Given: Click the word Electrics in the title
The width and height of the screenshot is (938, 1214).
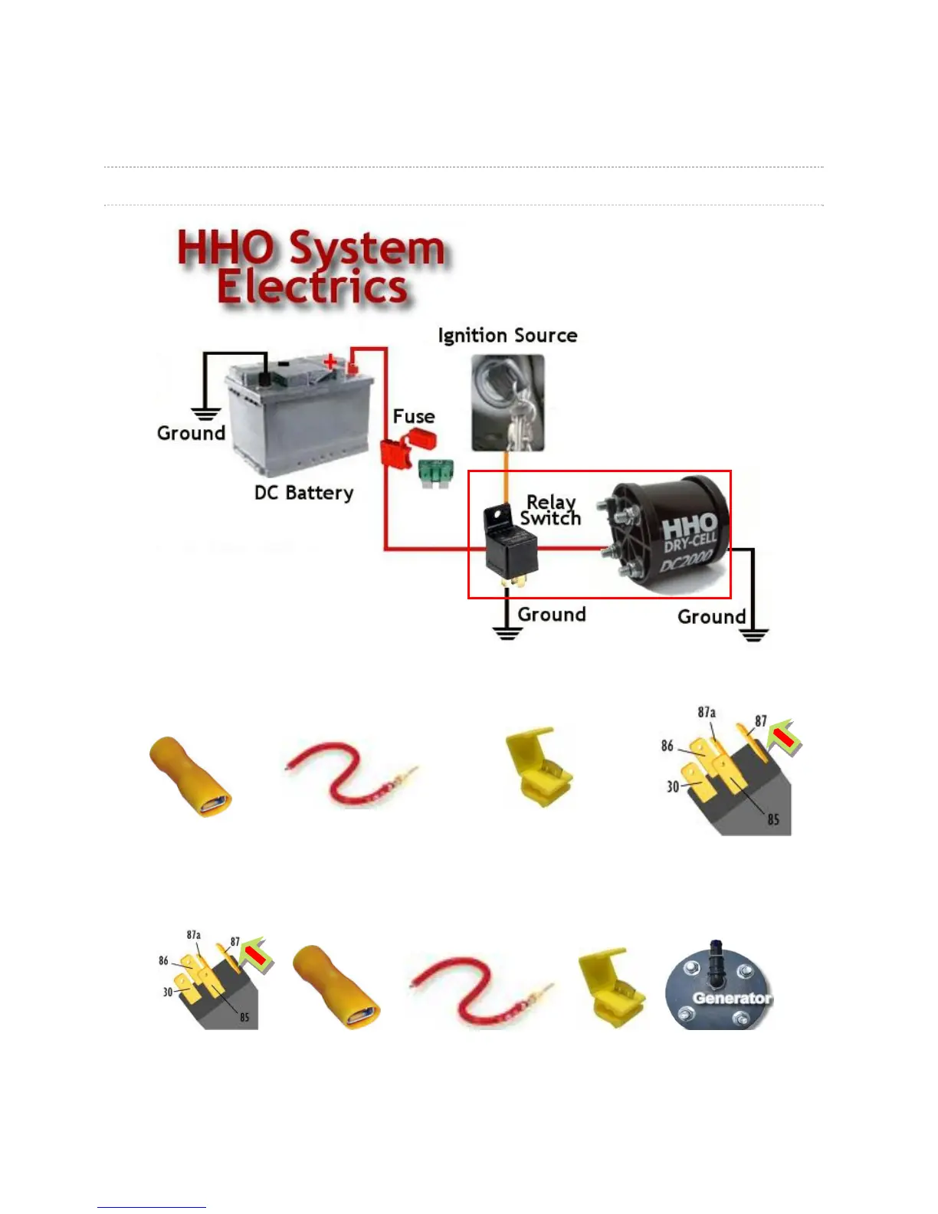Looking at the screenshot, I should point(311,287).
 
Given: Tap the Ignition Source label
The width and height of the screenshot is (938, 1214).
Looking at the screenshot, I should point(507,336).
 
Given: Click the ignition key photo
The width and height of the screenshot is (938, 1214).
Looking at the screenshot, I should point(507,402).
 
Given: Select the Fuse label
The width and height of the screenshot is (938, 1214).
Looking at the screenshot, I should point(414,416).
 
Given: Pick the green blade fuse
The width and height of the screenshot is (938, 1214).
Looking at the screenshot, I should point(436,474).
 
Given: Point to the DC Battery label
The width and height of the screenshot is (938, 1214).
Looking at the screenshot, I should point(303,492).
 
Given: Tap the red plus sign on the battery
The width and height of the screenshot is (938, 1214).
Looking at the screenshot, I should point(330,362).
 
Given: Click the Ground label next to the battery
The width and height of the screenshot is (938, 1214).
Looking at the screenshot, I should point(191,433).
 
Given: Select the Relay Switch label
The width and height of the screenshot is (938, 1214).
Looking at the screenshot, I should point(550,510).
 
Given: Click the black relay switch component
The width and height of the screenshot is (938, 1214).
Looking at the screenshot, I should point(511,546).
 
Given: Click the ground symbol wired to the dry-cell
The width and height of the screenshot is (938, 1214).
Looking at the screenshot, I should point(753,634).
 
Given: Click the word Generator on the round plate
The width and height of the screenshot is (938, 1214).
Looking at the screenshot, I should point(731,998).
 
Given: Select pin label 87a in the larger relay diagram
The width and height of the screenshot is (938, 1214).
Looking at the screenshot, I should point(707,712).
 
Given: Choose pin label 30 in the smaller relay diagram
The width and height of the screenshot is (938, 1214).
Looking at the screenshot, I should point(168,992).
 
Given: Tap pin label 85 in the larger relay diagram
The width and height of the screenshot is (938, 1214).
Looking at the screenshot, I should point(773,819).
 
